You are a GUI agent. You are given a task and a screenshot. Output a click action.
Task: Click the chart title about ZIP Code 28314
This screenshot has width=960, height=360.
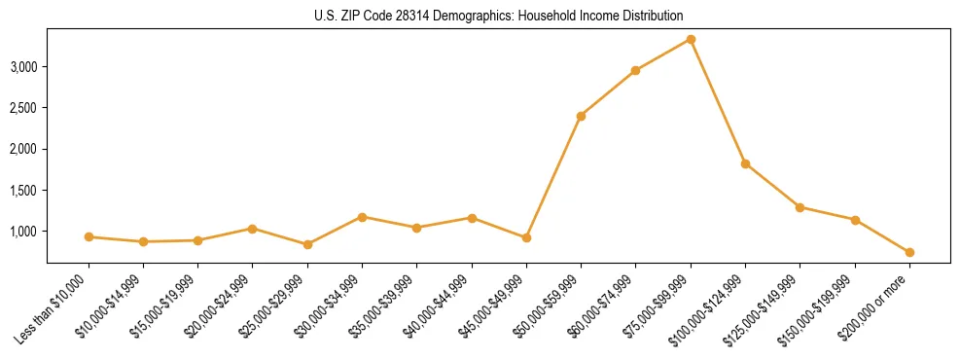[499, 17]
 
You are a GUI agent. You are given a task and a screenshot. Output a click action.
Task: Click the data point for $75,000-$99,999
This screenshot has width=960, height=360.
[691, 39]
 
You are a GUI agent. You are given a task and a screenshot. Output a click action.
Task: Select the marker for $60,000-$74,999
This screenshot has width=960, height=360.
[635, 70]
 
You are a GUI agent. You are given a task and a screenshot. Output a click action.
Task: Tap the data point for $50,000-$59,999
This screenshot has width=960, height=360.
[581, 116]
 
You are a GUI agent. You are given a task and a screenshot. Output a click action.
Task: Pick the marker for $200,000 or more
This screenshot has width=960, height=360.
[909, 252]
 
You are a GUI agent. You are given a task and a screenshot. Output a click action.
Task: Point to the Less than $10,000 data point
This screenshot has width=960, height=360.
[89, 236]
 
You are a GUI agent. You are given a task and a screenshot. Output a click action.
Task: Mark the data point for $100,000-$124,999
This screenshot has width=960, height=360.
[745, 163]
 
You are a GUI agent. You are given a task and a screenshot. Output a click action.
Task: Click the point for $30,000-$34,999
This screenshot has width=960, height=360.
[362, 217]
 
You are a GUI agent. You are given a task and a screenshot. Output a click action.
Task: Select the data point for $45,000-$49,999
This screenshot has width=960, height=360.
[526, 237]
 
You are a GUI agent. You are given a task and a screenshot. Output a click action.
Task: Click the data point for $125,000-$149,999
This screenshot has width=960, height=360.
[800, 207]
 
